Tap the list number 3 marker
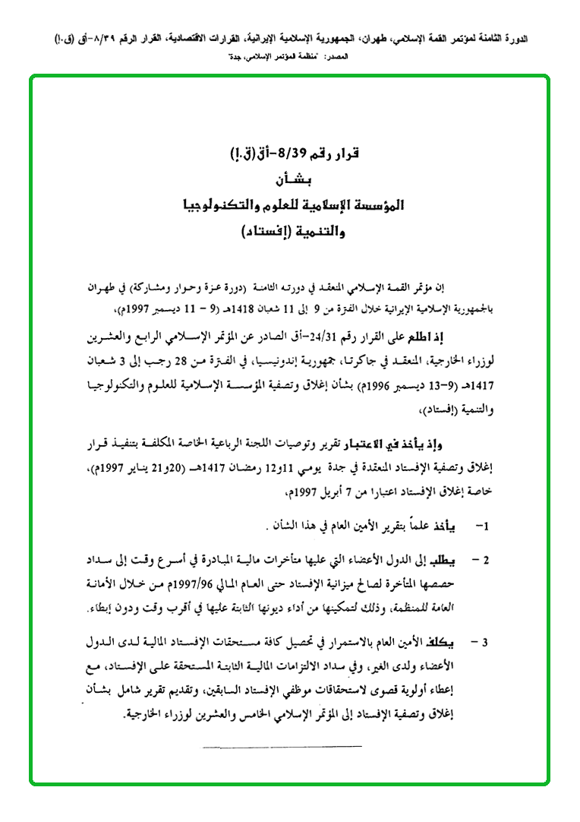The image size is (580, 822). point(482,643)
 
